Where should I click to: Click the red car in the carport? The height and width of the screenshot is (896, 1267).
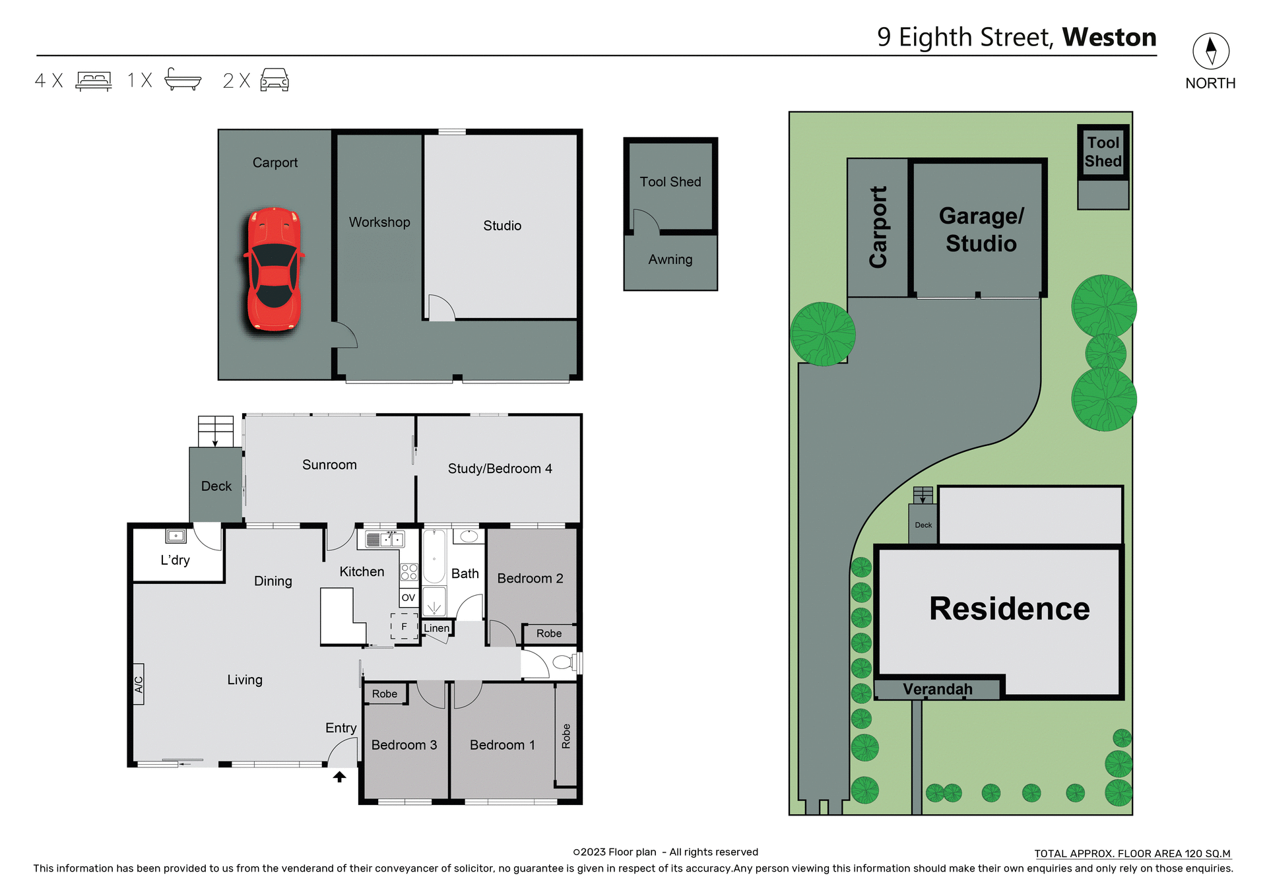pyautogui.click(x=274, y=269)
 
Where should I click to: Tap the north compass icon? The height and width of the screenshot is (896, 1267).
pyautogui.click(x=1210, y=51)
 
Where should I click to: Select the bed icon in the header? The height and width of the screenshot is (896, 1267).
pyautogui.click(x=94, y=80)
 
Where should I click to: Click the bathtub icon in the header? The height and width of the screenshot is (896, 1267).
pyautogui.click(x=183, y=79)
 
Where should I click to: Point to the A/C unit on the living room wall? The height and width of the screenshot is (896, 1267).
pyautogui.click(x=139, y=684)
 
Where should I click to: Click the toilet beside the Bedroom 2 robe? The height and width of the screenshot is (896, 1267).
pyautogui.click(x=563, y=662)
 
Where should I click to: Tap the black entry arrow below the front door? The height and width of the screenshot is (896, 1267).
pyautogui.click(x=339, y=777)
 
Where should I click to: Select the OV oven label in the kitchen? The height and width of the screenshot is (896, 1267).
pyautogui.click(x=408, y=598)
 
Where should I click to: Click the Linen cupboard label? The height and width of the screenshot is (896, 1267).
pyautogui.click(x=436, y=628)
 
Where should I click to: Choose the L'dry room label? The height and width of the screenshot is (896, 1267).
pyautogui.click(x=175, y=560)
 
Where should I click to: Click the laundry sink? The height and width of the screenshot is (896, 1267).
pyautogui.click(x=176, y=536)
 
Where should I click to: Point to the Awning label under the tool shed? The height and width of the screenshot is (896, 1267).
pyautogui.click(x=670, y=260)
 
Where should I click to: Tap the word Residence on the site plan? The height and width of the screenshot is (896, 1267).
pyautogui.click(x=1009, y=608)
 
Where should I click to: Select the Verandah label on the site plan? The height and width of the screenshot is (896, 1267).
pyautogui.click(x=937, y=689)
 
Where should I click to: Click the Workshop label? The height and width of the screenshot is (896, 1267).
pyautogui.click(x=379, y=222)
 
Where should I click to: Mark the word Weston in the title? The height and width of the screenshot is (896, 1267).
pyautogui.click(x=1109, y=37)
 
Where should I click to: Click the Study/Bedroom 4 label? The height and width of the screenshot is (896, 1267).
pyautogui.click(x=500, y=468)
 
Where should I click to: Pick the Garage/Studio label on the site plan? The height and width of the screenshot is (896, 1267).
pyautogui.click(x=981, y=230)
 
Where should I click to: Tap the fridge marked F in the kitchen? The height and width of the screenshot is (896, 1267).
pyautogui.click(x=405, y=626)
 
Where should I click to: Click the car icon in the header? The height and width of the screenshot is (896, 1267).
pyautogui.click(x=275, y=80)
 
